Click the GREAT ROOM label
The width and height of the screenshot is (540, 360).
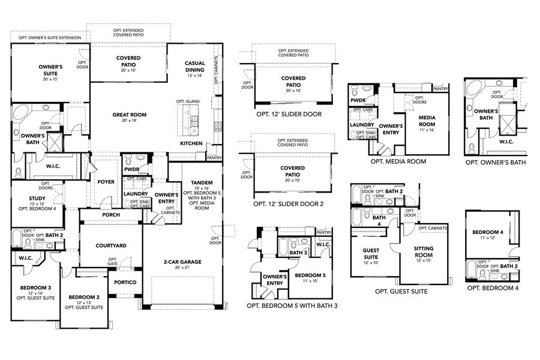[129, 114]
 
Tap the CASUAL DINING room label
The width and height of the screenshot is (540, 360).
[194, 66]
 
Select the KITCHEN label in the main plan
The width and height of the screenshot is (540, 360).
[191, 143]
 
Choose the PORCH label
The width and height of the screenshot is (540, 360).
[110, 215]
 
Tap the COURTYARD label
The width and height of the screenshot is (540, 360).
[111, 245]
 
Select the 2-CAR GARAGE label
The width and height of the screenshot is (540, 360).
[182, 262]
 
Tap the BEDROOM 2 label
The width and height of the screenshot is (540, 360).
[84, 297]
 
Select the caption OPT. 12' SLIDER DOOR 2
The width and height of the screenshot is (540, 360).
[288, 204]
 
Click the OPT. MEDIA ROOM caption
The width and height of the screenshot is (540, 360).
[398, 161]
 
